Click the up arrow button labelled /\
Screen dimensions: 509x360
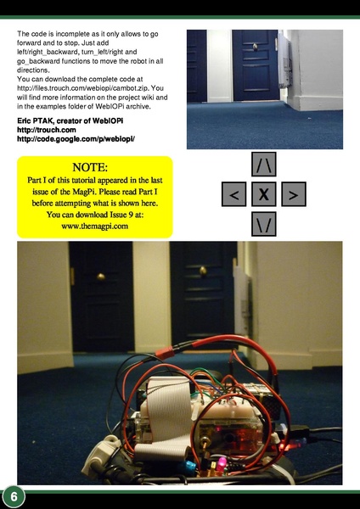[264, 165]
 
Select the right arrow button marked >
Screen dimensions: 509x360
[293, 194]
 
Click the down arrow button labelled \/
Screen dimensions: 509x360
[264, 224]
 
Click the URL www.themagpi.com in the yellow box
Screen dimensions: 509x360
[94, 227]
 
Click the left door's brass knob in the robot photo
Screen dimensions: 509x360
[101, 277]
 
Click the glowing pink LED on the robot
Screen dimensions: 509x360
[222, 462]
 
